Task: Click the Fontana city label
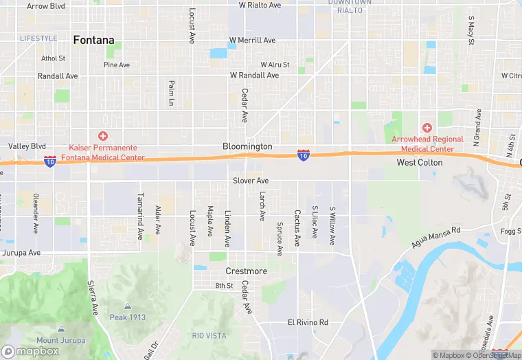(93, 40)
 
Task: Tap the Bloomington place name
(247, 146)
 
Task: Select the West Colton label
(419, 163)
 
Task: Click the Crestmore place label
(246, 271)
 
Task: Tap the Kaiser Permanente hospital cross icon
(103, 136)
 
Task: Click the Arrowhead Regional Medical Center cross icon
(427, 128)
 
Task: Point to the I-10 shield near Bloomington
(303, 156)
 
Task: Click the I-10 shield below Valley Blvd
(50, 161)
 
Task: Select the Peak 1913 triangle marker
(128, 306)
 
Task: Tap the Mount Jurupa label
(61, 340)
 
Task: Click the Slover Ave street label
(250, 181)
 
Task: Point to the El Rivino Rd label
(308, 322)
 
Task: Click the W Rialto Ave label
(260, 5)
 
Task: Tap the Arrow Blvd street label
(46, 5)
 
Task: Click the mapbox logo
(30, 351)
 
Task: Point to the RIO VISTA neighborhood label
(209, 335)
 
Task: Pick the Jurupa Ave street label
(21, 252)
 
